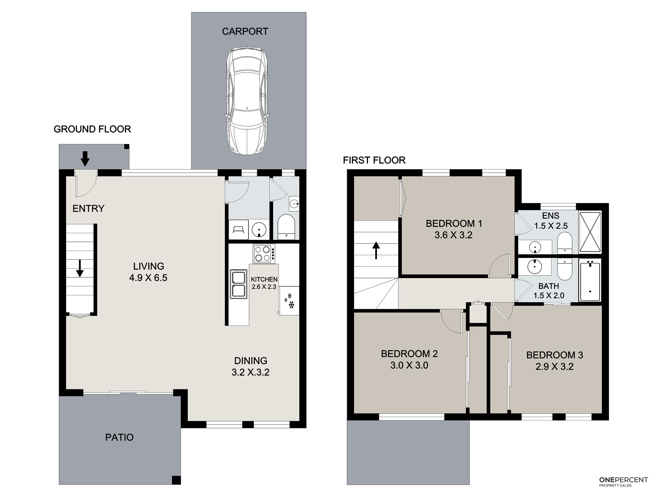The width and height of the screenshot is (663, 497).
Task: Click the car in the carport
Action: [247, 101]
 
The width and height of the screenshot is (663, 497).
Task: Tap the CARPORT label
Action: [245, 31]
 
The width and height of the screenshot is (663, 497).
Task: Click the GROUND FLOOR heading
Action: [92, 129]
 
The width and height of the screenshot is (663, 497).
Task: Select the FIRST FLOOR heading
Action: [374, 160]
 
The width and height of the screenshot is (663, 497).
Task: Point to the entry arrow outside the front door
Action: [85, 159]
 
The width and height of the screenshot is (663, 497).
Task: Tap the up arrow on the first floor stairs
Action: [376, 250]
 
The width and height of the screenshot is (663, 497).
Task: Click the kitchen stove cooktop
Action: [264, 254]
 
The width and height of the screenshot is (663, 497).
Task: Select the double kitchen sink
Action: [239, 284]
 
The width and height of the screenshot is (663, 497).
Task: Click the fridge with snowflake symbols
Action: [289, 301]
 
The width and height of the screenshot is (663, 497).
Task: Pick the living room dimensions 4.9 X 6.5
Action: [148, 278]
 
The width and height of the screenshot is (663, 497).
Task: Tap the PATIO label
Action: [119, 437]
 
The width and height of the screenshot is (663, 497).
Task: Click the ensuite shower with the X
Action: [590, 232]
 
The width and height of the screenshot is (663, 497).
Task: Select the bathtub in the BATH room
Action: [590, 282]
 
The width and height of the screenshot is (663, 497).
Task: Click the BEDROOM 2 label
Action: [409, 354]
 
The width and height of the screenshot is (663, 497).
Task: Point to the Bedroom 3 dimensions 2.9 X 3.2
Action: [555, 366]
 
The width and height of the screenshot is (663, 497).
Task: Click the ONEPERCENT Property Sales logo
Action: [624, 491]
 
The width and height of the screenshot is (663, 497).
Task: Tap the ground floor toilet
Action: [286, 227]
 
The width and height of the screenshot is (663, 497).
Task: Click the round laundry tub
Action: [259, 229]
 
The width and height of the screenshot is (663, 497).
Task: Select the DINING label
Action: [251, 361]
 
